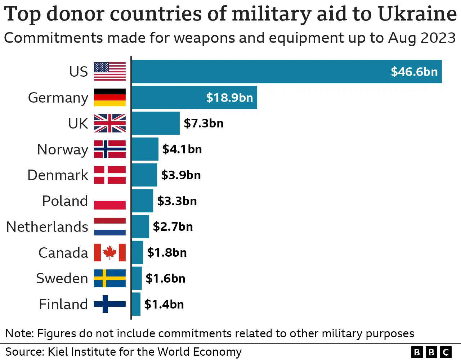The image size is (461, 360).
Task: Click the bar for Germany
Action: click(194, 98)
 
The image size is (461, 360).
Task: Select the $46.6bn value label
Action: click(414, 72)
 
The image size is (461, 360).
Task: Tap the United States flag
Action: click(110, 72)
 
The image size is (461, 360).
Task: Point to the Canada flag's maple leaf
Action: click(110, 252)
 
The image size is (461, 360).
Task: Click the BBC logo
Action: click(431, 352)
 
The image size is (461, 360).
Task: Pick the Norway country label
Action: click(63, 149)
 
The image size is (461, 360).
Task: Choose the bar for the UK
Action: click(156, 123)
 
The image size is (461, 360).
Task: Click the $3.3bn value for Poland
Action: click(177, 201)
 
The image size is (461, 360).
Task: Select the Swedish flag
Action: click(110, 278)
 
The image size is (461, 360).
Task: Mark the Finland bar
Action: click(136, 304)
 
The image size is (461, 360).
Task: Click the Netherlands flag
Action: click(110, 227)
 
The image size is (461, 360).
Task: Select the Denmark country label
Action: click(58, 175)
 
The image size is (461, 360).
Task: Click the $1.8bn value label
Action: click(167, 253)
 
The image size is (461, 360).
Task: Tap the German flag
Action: click(110, 98)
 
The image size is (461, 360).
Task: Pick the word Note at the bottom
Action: click(19, 333)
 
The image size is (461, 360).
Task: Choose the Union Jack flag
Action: click(110, 123)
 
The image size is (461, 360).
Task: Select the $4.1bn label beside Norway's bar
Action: click(182, 149)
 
